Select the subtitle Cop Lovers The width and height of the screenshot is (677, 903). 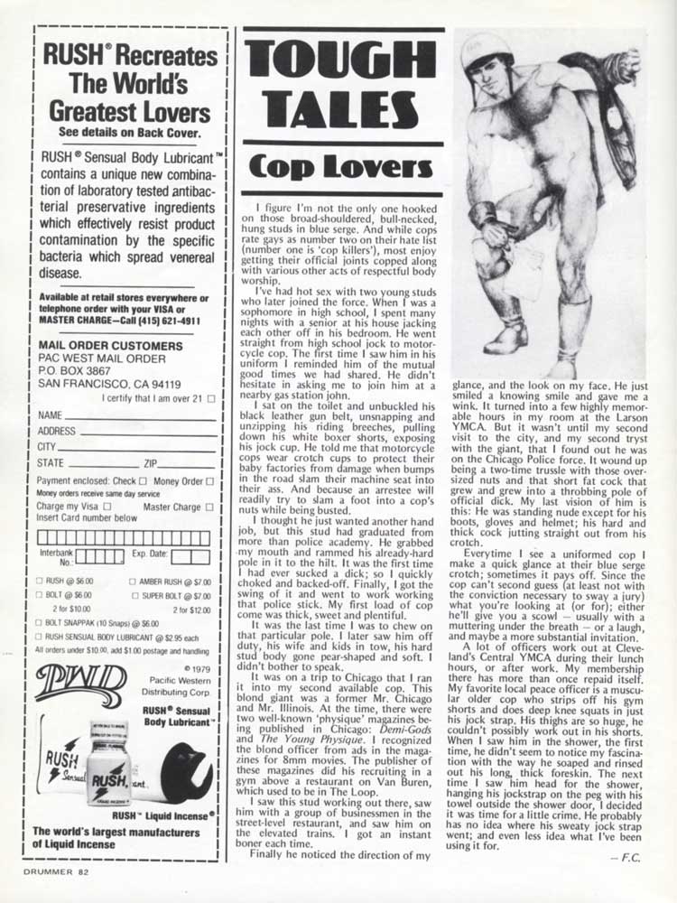point(340,167)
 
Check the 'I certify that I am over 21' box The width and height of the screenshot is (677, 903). point(211,397)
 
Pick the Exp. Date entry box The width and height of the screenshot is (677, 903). point(190,556)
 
